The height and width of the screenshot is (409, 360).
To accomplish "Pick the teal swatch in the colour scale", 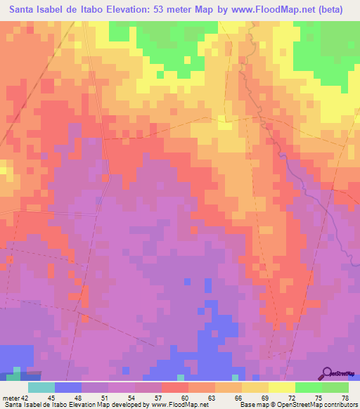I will (41, 387).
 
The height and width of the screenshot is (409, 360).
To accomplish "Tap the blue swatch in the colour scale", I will (68, 387).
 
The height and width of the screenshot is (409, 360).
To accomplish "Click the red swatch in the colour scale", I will (175, 387).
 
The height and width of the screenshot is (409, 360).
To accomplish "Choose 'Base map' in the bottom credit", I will (255, 404).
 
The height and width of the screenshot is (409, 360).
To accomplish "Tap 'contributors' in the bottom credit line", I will (339, 404).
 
